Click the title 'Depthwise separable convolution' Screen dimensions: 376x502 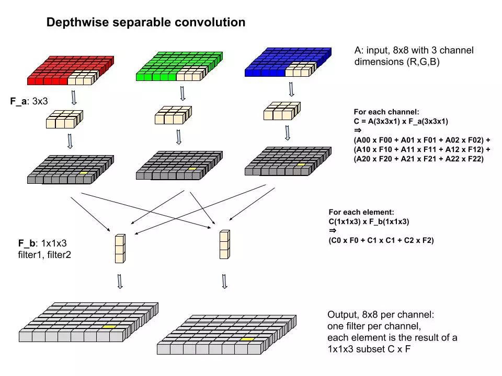(x=146, y=22)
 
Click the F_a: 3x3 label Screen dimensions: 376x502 (x=29, y=101)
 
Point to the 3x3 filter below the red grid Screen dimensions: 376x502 (x=64, y=119)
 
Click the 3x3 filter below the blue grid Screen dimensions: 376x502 (x=281, y=111)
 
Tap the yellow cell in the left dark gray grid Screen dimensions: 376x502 (x=83, y=172)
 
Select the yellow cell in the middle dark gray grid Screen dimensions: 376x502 (x=192, y=169)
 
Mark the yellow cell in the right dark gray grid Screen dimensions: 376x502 (x=301, y=164)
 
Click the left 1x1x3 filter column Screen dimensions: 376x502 (x=120, y=249)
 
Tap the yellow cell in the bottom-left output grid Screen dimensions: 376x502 (x=109, y=326)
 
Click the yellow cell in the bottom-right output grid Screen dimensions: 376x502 (x=247, y=339)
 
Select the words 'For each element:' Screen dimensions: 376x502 (x=361, y=212)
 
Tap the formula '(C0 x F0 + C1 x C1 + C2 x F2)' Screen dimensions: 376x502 (x=381, y=240)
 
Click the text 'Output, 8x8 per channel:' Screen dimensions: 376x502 (x=381, y=315)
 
